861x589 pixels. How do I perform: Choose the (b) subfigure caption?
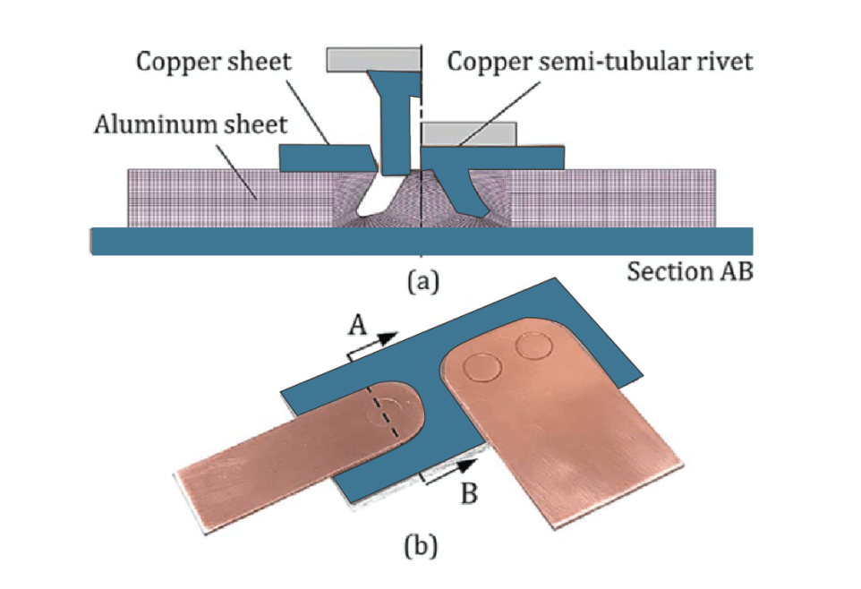[x=421, y=545]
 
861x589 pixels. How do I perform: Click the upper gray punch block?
[x=373, y=59]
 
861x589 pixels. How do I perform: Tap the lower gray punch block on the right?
[x=469, y=134]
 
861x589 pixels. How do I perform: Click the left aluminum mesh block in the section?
[x=224, y=197]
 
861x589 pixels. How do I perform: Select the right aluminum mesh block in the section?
[x=618, y=197]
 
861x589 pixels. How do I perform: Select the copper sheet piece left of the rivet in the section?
[x=327, y=158]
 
